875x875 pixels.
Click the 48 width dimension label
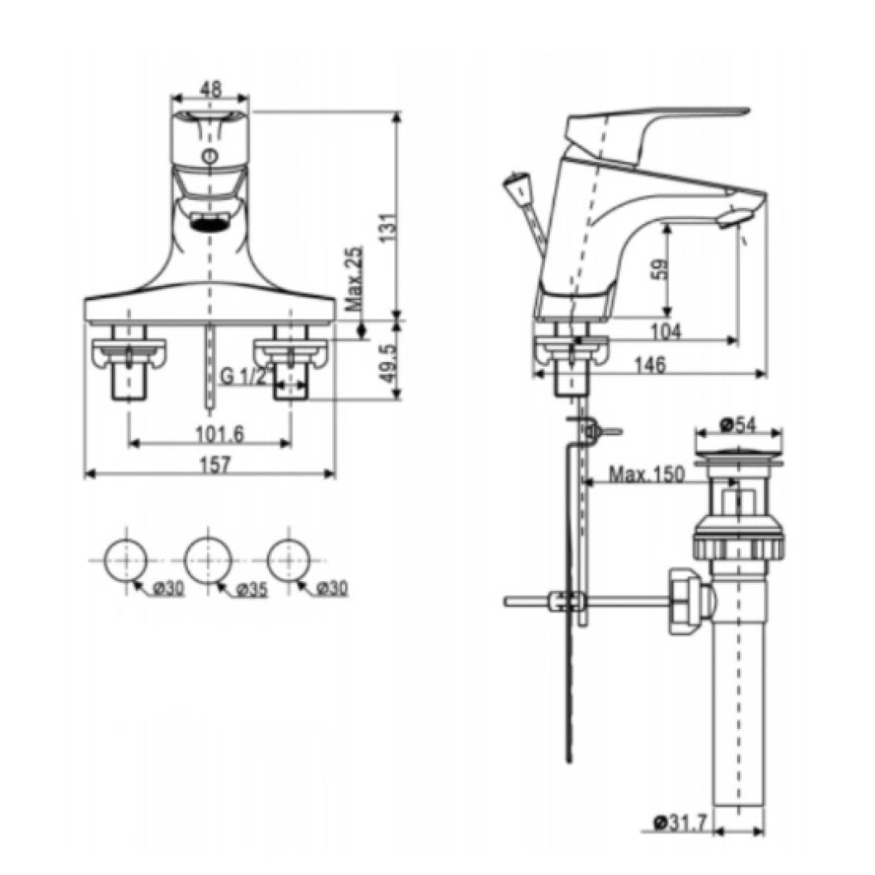[x=210, y=89]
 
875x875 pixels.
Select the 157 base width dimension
[x=210, y=464]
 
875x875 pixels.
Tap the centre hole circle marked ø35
[x=209, y=555]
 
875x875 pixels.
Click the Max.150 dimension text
[x=646, y=474]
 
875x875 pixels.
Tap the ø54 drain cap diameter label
[x=738, y=423]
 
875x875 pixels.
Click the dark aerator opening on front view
[x=210, y=224]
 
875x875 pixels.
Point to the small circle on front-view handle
[x=210, y=157]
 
